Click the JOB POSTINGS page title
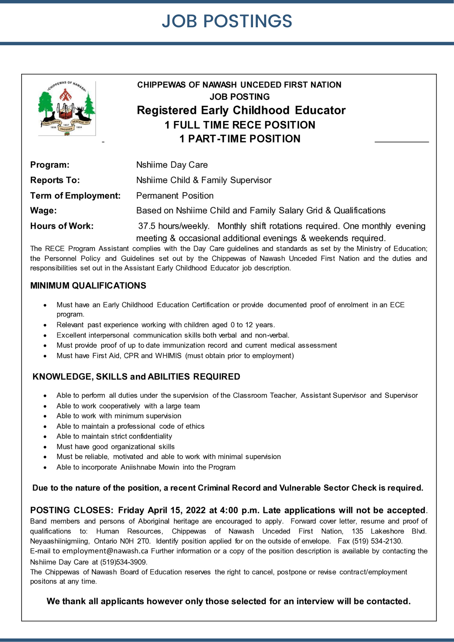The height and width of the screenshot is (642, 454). tap(227, 21)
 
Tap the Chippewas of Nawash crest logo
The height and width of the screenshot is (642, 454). tap(67, 108)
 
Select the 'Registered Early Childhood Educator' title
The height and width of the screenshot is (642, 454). tap(241, 110)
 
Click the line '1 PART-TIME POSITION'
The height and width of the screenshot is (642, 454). tap(240, 139)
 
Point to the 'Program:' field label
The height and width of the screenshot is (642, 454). tap(50, 165)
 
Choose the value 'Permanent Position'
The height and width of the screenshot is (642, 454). tap(175, 196)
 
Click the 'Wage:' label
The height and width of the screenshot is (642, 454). tap(43, 211)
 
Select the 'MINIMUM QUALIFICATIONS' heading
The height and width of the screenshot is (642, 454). tap(88, 286)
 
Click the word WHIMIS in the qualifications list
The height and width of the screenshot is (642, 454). tap(168, 356)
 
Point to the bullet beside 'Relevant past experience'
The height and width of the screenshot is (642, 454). tap(45, 325)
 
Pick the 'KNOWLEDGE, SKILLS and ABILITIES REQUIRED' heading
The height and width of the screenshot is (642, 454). tap(136, 377)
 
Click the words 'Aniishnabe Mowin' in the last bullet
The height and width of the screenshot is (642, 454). tap(150, 467)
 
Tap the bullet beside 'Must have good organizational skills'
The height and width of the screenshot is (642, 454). tap(45, 447)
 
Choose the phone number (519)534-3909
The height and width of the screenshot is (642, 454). tap(124, 562)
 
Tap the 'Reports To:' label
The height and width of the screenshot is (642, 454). tap(55, 180)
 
